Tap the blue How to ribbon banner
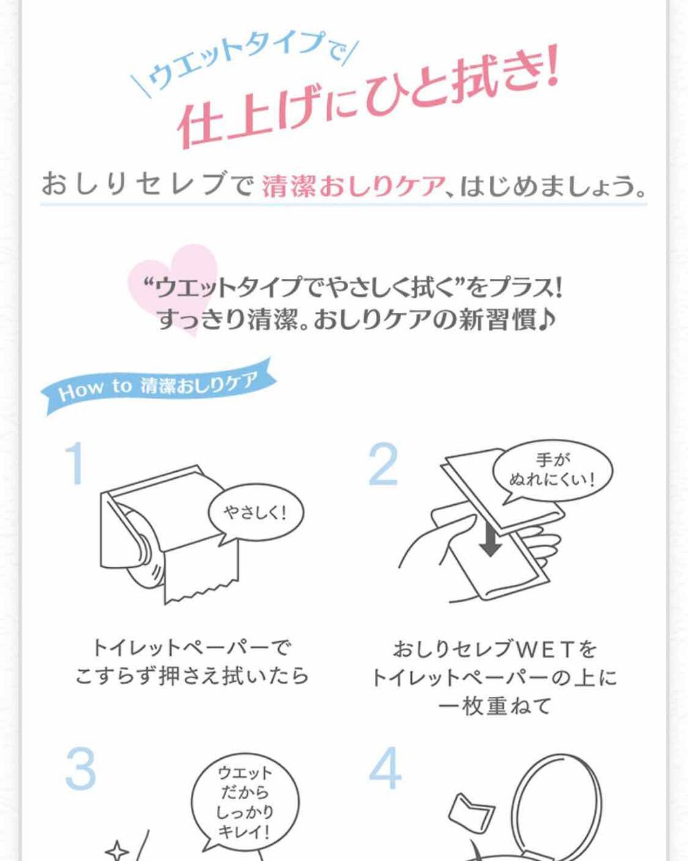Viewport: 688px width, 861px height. [158, 385]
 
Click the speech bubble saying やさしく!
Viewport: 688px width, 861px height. [256, 514]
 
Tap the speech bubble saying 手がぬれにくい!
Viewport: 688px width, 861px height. [552, 470]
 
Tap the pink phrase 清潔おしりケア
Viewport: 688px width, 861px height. [353, 186]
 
